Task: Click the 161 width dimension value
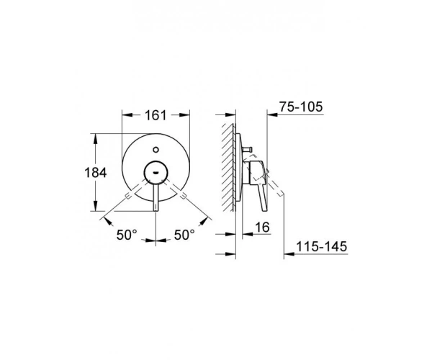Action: (156, 115)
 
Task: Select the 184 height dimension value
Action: (95, 173)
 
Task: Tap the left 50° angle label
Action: (127, 235)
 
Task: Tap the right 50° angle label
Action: (184, 235)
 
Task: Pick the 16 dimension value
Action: (262, 228)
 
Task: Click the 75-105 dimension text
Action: (301, 107)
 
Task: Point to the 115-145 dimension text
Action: (322, 246)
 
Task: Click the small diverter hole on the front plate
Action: (156, 150)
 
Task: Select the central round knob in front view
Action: (156, 172)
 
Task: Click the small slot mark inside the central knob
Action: (156, 173)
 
